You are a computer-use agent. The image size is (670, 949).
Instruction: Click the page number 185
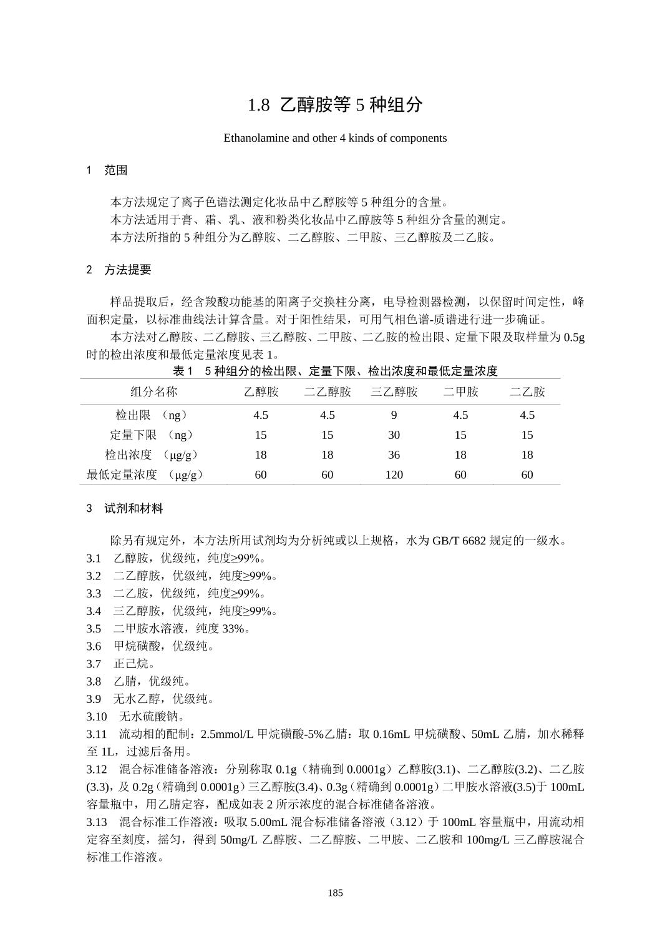(x=335, y=893)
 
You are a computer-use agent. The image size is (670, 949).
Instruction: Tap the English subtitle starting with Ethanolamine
(x=335, y=138)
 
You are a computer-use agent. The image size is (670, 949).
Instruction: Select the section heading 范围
(x=115, y=170)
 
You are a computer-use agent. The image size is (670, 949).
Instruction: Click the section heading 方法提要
(x=127, y=270)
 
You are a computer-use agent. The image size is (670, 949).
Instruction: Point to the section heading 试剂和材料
(x=134, y=509)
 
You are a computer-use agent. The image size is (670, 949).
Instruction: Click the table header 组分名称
(x=153, y=392)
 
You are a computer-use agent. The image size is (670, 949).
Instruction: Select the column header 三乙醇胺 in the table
(x=394, y=392)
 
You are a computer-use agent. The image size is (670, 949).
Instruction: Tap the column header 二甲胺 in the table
(x=460, y=392)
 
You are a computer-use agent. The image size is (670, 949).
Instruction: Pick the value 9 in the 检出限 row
(x=394, y=415)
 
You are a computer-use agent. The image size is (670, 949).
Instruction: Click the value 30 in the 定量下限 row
(x=394, y=435)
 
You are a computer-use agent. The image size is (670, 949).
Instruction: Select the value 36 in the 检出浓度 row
(x=394, y=455)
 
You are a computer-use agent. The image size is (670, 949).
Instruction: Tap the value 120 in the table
(x=394, y=475)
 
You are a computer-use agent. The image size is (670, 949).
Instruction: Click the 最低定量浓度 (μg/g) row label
(x=145, y=475)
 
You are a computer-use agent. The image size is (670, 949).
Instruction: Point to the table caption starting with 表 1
(x=335, y=371)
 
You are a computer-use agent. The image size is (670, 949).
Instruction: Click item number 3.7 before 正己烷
(x=94, y=664)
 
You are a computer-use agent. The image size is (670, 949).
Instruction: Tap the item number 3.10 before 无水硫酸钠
(x=97, y=716)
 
